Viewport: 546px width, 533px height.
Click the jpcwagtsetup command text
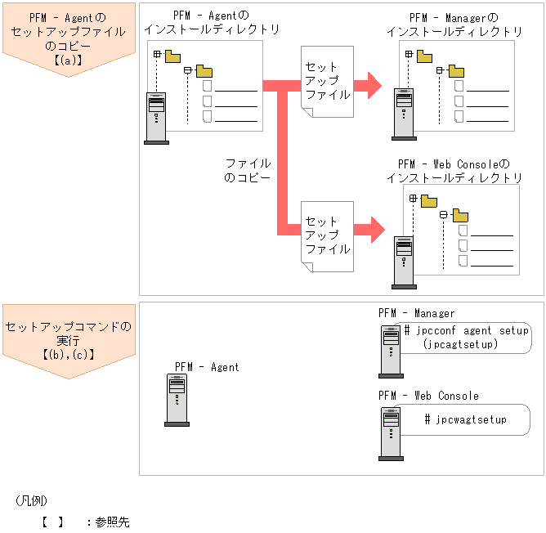coord(465,419)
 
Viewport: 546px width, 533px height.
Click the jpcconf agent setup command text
coord(467,331)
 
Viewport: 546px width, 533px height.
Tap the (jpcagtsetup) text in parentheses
coord(461,345)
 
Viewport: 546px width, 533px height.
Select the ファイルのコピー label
coord(247,170)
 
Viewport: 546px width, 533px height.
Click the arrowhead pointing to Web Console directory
coord(374,230)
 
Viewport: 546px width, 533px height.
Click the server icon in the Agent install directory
coord(156,118)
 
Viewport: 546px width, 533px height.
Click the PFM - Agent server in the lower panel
coord(177,400)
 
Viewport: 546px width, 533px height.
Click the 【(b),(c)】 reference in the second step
coord(69,354)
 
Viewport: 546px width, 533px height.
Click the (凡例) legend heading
coord(31,499)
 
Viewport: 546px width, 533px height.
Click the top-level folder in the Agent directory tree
coord(172,56)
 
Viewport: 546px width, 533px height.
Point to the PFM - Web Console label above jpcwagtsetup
coord(428,396)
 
